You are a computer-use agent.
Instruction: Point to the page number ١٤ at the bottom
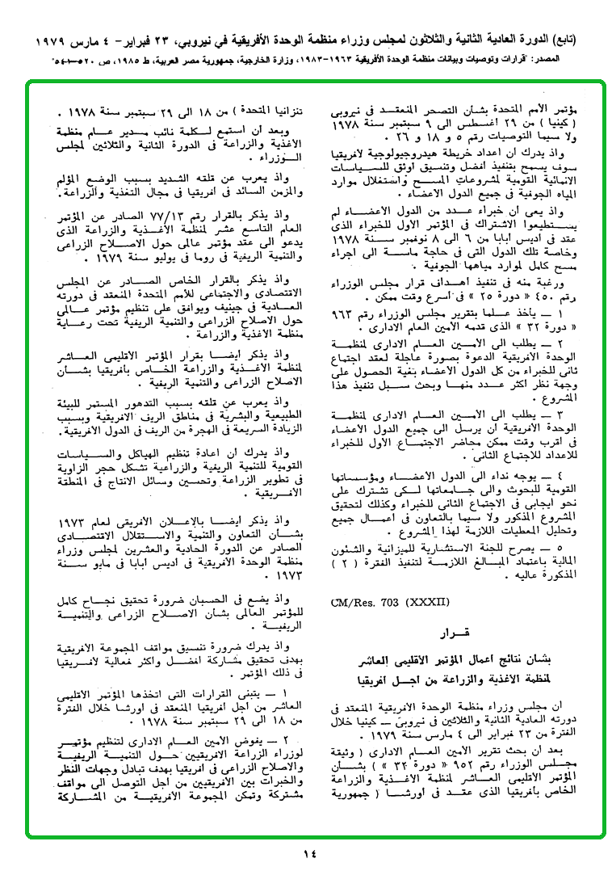coord(311,854)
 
